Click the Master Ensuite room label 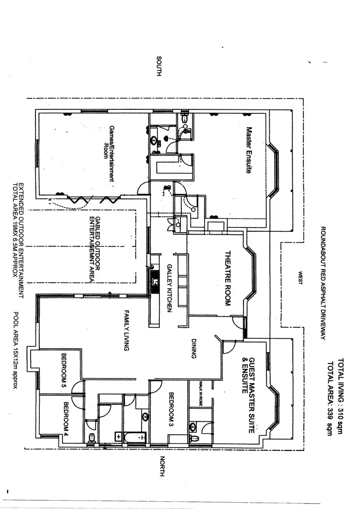(249, 150)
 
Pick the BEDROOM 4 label (66, 415)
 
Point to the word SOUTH (160, 65)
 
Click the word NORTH (162, 466)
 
